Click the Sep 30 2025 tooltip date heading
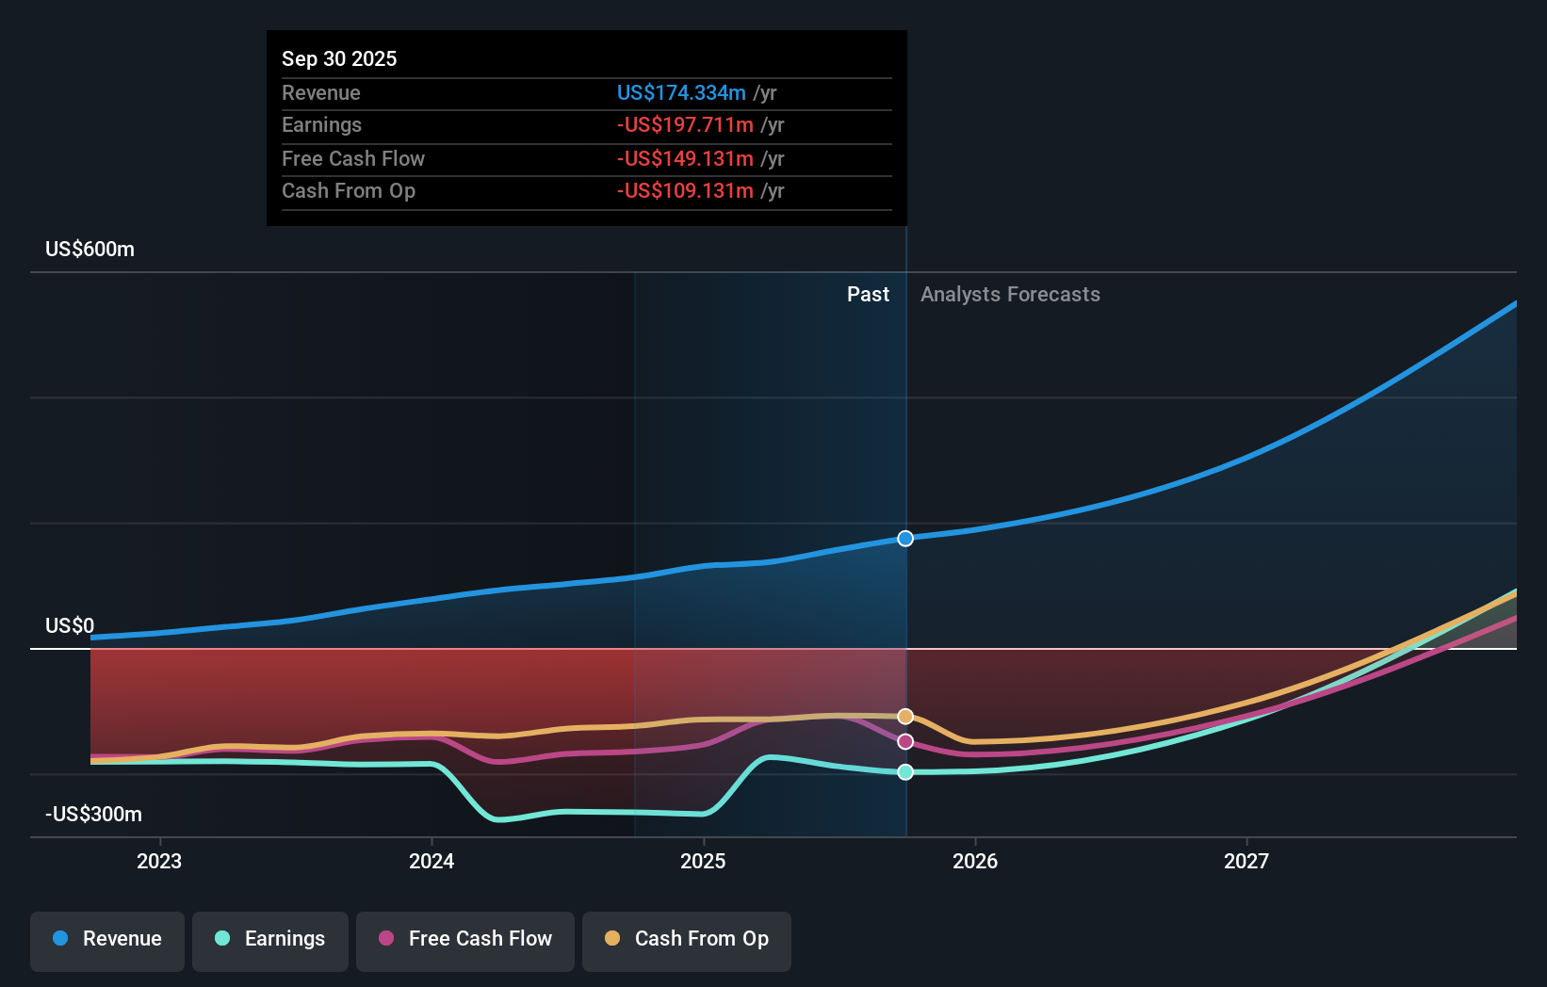coord(339,58)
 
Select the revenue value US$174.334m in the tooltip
coord(681,92)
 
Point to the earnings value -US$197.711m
coord(685,124)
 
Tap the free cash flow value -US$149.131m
coord(685,158)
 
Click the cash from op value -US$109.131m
coord(685,190)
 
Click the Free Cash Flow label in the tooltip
coord(353,158)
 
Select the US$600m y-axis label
coord(90,249)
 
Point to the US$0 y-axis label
coord(70,625)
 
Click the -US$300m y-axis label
coord(93,814)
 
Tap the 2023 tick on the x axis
coord(159,861)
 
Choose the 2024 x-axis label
coord(432,861)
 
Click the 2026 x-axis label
coord(975,861)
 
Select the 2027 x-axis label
coord(1246,861)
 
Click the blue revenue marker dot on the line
coord(905,539)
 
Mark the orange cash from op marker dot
coord(905,717)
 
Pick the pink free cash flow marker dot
coord(905,742)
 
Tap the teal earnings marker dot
coord(905,772)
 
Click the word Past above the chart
coord(868,294)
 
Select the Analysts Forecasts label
coord(1010,294)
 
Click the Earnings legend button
coord(270,939)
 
